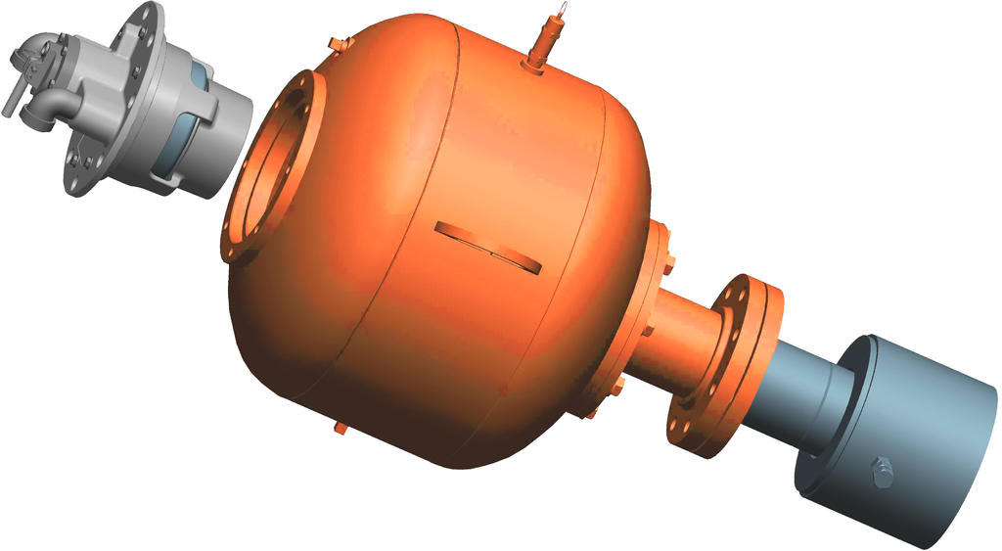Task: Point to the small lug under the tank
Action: click(x=341, y=427)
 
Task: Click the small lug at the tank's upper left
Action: click(x=338, y=43)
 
